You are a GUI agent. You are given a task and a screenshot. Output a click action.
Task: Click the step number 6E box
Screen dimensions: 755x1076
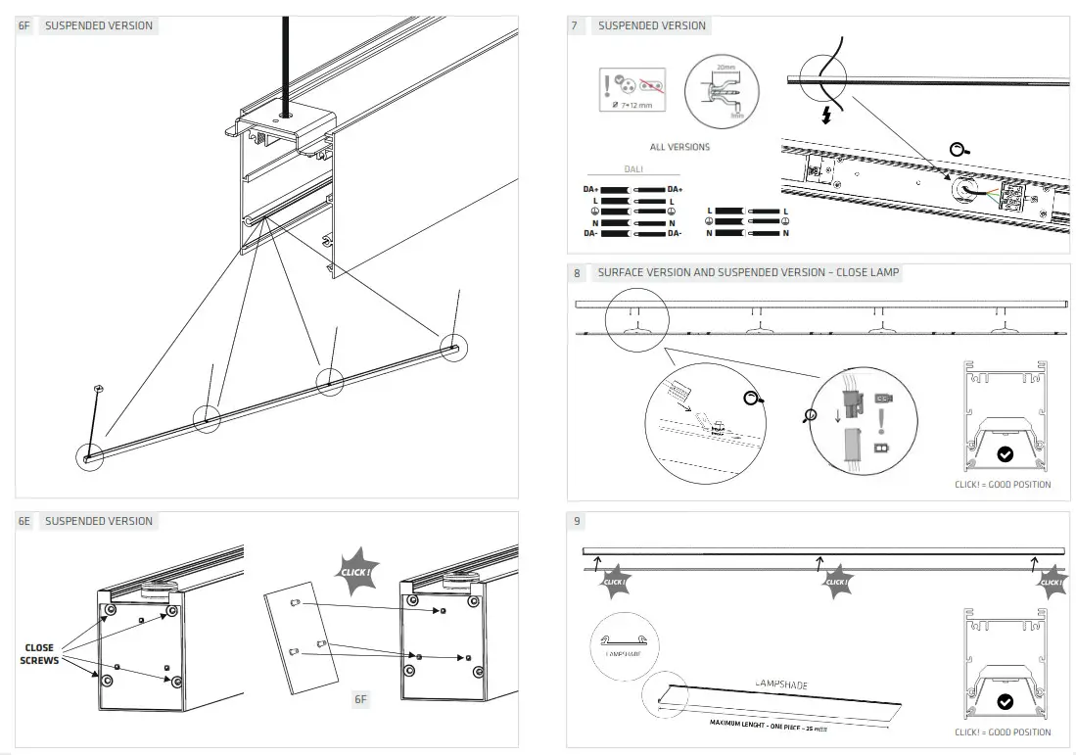pos(25,521)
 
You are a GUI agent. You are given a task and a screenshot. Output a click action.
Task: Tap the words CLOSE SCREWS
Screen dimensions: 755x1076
pos(39,654)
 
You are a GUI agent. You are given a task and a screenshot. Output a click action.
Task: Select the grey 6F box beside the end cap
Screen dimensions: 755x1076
pos(360,699)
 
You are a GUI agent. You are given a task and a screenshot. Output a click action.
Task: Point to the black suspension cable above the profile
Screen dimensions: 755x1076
pos(285,59)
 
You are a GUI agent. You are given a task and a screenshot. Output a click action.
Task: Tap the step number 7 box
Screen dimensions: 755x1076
pos(575,26)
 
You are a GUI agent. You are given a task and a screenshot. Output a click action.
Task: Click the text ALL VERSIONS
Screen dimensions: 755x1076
pos(679,147)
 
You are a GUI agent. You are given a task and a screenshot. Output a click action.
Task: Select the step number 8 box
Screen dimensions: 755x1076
pos(577,273)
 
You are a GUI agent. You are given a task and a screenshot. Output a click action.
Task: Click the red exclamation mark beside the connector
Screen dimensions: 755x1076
pos(881,422)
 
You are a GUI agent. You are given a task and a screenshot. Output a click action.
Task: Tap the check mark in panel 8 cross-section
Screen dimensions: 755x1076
pos(1005,453)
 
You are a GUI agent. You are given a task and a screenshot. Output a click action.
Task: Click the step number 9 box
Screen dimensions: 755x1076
pos(577,522)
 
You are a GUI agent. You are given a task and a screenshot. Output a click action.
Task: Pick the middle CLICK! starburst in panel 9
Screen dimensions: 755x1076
pos(836,583)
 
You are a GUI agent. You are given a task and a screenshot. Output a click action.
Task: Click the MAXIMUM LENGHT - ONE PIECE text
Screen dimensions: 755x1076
pos(768,726)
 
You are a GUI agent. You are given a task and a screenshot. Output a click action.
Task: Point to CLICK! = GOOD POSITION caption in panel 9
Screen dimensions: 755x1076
pos(1003,732)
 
